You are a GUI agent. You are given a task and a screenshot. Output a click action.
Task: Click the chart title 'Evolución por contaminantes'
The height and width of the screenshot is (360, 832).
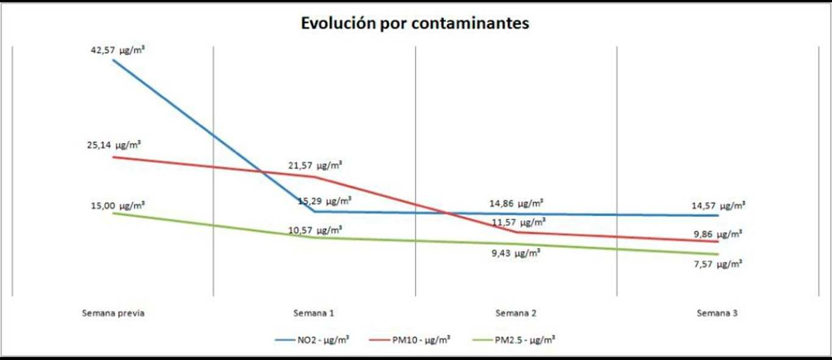click(x=415, y=24)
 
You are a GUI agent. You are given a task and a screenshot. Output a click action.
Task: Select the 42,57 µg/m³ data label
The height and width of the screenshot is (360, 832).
click(x=118, y=49)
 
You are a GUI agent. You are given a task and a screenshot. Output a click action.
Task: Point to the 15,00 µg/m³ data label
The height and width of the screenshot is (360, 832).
click(x=118, y=205)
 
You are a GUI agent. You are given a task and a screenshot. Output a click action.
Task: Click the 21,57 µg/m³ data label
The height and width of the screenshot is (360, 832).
click(x=315, y=165)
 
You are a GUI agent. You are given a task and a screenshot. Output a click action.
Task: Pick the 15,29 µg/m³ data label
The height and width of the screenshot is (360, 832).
click(x=325, y=200)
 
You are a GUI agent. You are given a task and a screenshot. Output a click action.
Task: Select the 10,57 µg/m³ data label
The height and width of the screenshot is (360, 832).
click(x=315, y=230)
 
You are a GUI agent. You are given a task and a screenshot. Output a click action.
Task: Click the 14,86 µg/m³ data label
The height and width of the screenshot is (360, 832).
click(x=516, y=203)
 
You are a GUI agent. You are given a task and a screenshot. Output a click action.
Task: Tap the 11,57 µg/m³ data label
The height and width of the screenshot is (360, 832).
click(x=519, y=222)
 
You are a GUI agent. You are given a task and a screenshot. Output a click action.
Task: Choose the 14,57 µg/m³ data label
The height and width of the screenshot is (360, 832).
click(x=718, y=206)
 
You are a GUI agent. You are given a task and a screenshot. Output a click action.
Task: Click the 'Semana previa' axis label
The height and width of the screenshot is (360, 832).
click(x=113, y=314)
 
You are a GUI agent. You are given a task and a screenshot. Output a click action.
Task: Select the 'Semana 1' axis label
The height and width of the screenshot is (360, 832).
click(x=314, y=314)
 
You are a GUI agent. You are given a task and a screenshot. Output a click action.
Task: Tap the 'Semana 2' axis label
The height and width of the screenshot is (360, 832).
click(x=516, y=314)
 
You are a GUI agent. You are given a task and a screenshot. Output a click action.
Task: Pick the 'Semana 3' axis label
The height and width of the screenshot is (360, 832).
click(x=717, y=314)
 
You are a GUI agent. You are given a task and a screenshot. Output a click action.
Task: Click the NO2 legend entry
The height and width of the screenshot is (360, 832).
click(x=312, y=339)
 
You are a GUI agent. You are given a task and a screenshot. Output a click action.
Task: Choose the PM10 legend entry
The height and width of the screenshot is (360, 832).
click(x=410, y=339)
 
